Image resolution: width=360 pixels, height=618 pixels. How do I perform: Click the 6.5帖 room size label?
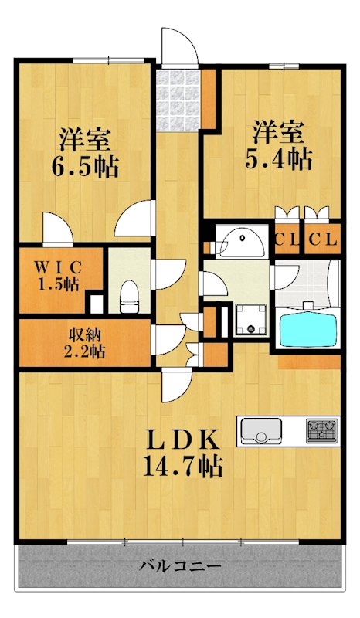(86, 165)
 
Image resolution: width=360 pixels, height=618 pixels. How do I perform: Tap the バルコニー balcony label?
(180, 566)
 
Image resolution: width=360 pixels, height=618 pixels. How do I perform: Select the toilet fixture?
(129, 294)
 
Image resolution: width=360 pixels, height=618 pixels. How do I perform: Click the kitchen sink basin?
(261, 430)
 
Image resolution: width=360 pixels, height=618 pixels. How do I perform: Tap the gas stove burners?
(322, 430)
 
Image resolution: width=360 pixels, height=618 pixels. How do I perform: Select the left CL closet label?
(287, 240)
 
